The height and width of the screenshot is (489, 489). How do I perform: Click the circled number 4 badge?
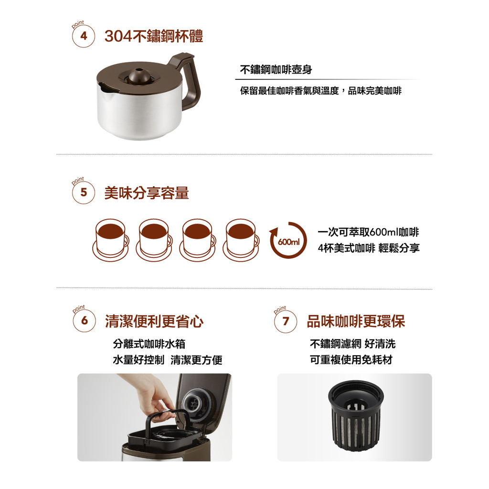[x=83, y=36]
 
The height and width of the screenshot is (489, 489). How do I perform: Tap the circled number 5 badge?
[x=83, y=192]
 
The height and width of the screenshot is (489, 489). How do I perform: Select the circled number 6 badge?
[x=84, y=321]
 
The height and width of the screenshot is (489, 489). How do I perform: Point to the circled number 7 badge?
[x=286, y=321]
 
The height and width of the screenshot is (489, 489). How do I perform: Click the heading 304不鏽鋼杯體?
[x=154, y=36]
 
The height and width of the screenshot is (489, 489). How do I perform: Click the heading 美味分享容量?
[x=147, y=193]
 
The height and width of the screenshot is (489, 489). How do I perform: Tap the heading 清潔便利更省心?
[x=154, y=321]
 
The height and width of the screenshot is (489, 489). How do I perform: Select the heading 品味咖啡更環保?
[x=356, y=321]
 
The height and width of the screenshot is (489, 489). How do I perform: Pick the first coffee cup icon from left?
[x=111, y=240]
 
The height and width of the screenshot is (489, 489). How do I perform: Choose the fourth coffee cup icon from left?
[x=241, y=240]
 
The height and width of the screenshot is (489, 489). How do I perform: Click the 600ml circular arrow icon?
[x=288, y=240]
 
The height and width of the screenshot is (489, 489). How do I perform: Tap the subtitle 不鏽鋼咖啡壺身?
[x=276, y=70]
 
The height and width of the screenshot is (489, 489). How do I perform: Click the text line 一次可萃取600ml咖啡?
[x=368, y=232]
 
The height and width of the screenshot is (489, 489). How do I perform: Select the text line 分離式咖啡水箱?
[x=149, y=344]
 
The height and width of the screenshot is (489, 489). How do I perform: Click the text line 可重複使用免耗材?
[x=351, y=360]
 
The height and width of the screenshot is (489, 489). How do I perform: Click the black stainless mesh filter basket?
[x=356, y=415]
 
